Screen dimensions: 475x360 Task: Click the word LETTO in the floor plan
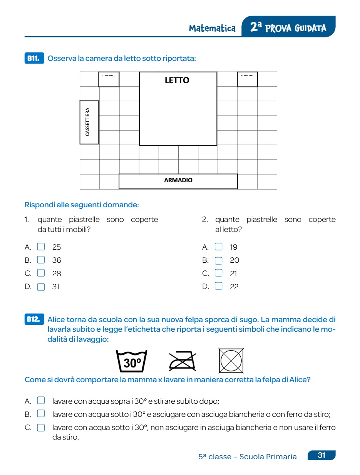[177, 81]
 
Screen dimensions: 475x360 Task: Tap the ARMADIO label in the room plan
[178, 180]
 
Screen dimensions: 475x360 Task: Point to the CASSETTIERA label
[88, 122]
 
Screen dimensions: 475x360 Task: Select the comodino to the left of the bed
[109, 79]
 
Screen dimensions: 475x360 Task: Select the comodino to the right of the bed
[247, 79]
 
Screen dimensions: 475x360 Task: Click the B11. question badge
[34, 59]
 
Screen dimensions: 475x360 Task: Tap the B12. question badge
[34, 319]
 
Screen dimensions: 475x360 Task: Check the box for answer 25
[41, 247]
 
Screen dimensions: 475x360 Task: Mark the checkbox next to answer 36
[41, 260]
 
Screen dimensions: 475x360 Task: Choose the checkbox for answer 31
[41, 287]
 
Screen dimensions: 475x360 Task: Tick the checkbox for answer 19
[219, 247]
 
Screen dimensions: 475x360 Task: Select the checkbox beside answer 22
[219, 286]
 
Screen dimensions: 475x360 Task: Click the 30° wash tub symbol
[132, 361]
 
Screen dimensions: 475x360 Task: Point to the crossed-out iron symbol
[183, 361]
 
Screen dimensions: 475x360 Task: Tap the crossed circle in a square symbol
[231, 361]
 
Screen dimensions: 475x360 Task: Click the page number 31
[321, 455]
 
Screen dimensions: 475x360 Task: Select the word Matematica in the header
[212, 29]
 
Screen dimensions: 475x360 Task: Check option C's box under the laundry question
[41, 428]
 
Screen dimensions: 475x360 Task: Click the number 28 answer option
[57, 274]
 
